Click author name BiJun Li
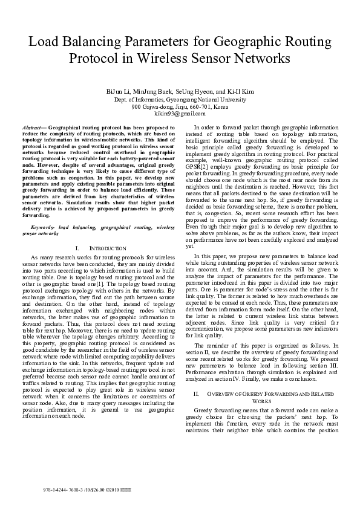pos(117,91)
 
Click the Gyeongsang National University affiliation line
pos(180,99)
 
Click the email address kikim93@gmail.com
pos(180,114)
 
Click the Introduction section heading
pos(108,248)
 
